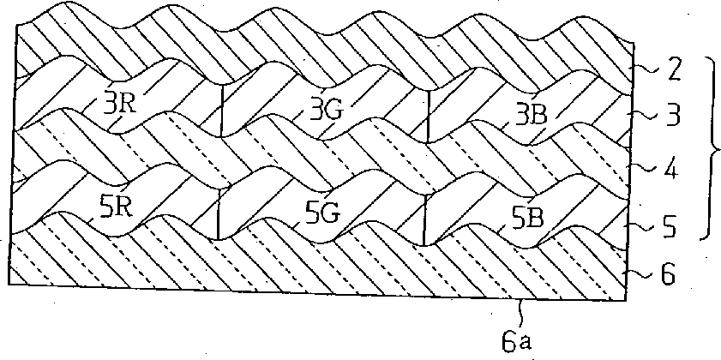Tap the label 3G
tap(326, 111)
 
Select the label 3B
tap(531, 116)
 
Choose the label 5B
tap(527, 219)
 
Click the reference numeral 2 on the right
tap(674, 74)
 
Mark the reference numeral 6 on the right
tap(668, 276)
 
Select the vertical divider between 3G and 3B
tap(428, 117)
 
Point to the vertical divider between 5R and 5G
tap(218, 213)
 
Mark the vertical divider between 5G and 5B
tap(424, 219)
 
